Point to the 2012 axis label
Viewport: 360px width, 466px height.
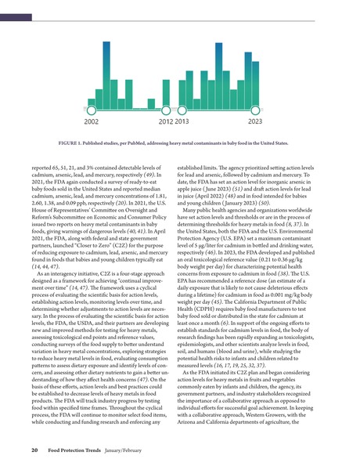[166, 121]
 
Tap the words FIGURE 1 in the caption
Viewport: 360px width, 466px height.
[73, 143]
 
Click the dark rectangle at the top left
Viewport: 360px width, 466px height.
[17, 6]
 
